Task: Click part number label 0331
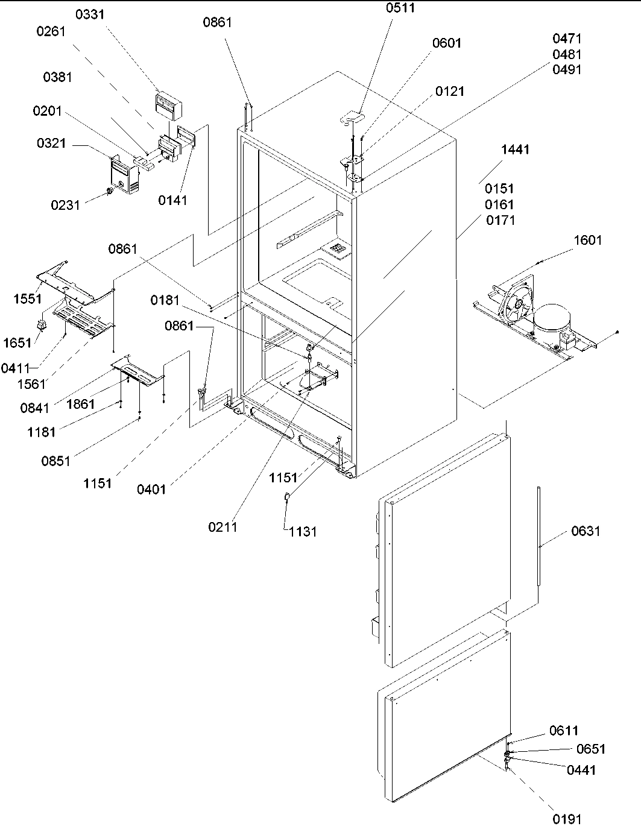[x=89, y=14]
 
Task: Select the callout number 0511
[x=400, y=8]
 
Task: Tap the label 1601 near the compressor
[x=587, y=240]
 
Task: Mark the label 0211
[x=223, y=527]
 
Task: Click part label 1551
[x=28, y=300]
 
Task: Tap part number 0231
[x=65, y=205]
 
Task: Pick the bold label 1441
[x=515, y=149]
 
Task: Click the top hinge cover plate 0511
[x=355, y=116]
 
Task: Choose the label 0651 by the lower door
[x=590, y=749]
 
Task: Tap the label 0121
[x=450, y=91]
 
